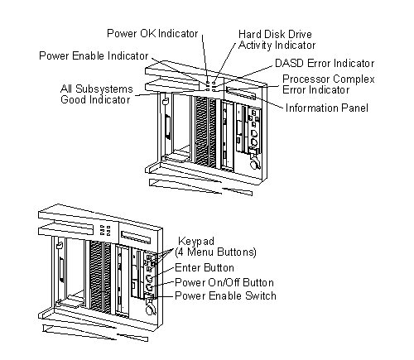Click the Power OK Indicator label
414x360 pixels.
click(x=152, y=34)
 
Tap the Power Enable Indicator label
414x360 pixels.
click(x=94, y=55)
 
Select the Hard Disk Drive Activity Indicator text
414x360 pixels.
click(x=277, y=40)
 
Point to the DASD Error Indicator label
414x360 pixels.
click(x=325, y=64)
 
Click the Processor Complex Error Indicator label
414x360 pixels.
click(x=329, y=84)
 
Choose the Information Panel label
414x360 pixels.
click(x=327, y=108)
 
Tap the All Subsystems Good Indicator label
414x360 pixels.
click(x=97, y=94)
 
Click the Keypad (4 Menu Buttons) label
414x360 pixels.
click(x=215, y=247)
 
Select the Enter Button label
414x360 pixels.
click(x=205, y=268)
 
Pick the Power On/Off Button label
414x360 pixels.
click(x=224, y=282)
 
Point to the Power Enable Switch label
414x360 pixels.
click(x=225, y=295)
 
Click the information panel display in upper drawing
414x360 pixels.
click(x=241, y=94)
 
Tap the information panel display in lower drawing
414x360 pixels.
click(x=136, y=238)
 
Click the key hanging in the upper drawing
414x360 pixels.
click(x=255, y=161)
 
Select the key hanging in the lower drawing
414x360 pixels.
click(x=151, y=306)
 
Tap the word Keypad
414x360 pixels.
click(x=196, y=242)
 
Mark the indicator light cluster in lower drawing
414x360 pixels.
click(x=105, y=230)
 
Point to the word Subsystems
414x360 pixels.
click(x=104, y=89)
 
